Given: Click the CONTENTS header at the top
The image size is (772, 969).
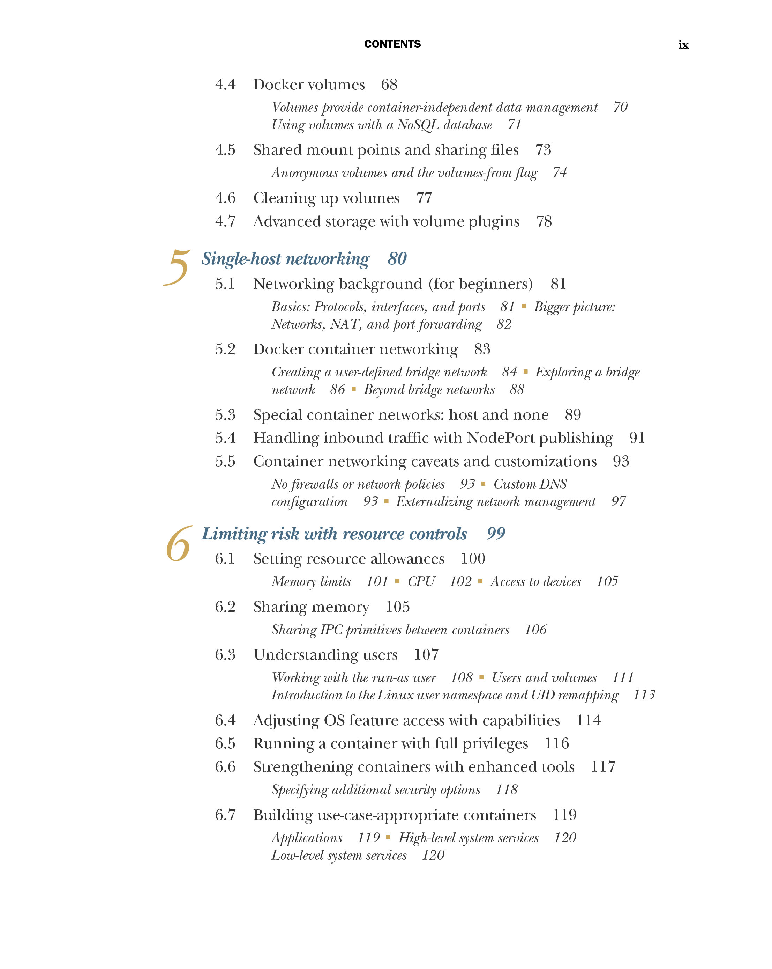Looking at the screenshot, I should point(392,44).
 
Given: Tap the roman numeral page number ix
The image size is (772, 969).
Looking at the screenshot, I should point(683,45).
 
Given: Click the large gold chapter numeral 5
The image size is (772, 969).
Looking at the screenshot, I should point(178,268).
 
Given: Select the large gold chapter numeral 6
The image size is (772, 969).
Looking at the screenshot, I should point(179,545).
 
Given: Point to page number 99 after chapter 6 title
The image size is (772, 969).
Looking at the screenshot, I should point(496,534).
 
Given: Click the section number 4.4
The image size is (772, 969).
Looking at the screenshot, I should point(225,85).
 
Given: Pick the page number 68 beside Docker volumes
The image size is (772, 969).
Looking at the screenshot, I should point(389,85).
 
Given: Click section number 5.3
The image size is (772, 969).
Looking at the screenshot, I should point(225,415).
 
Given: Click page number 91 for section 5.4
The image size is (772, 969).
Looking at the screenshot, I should point(637,438).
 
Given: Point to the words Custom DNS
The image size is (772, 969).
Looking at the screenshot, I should point(530,484).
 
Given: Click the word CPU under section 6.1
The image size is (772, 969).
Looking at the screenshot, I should point(421,582).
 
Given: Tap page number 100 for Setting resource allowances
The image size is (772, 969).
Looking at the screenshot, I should point(473,559).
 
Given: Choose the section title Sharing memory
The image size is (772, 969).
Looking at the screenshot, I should point(311,607).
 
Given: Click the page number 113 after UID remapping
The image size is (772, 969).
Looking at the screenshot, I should point(644,695).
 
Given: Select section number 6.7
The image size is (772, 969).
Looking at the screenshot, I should point(225,815).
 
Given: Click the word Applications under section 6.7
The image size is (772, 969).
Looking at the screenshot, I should point(307,838).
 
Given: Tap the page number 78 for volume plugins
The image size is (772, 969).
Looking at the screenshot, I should point(544,222).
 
